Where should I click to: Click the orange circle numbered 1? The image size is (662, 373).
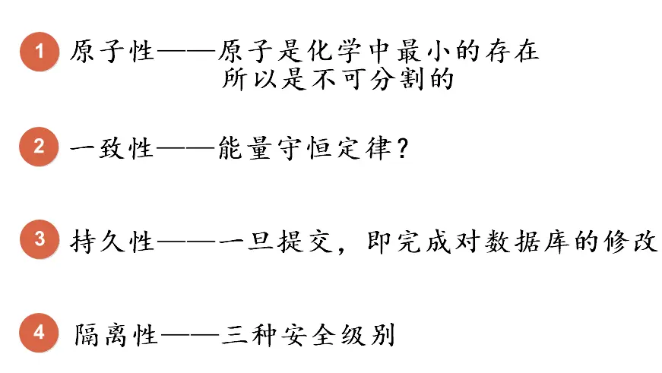pyautogui.click(x=40, y=52)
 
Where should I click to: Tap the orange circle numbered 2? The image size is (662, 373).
pyautogui.click(x=40, y=146)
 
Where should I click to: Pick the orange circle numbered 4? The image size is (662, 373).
pyautogui.click(x=40, y=333)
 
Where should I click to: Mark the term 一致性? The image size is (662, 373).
pyautogui.click(x=112, y=147)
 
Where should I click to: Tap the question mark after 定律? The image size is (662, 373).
pyautogui.click(x=403, y=147)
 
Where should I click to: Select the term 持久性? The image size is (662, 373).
pyautogui.click(x=112, y=241)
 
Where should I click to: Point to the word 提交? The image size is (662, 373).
pyautogui.click(x=296, y=241)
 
